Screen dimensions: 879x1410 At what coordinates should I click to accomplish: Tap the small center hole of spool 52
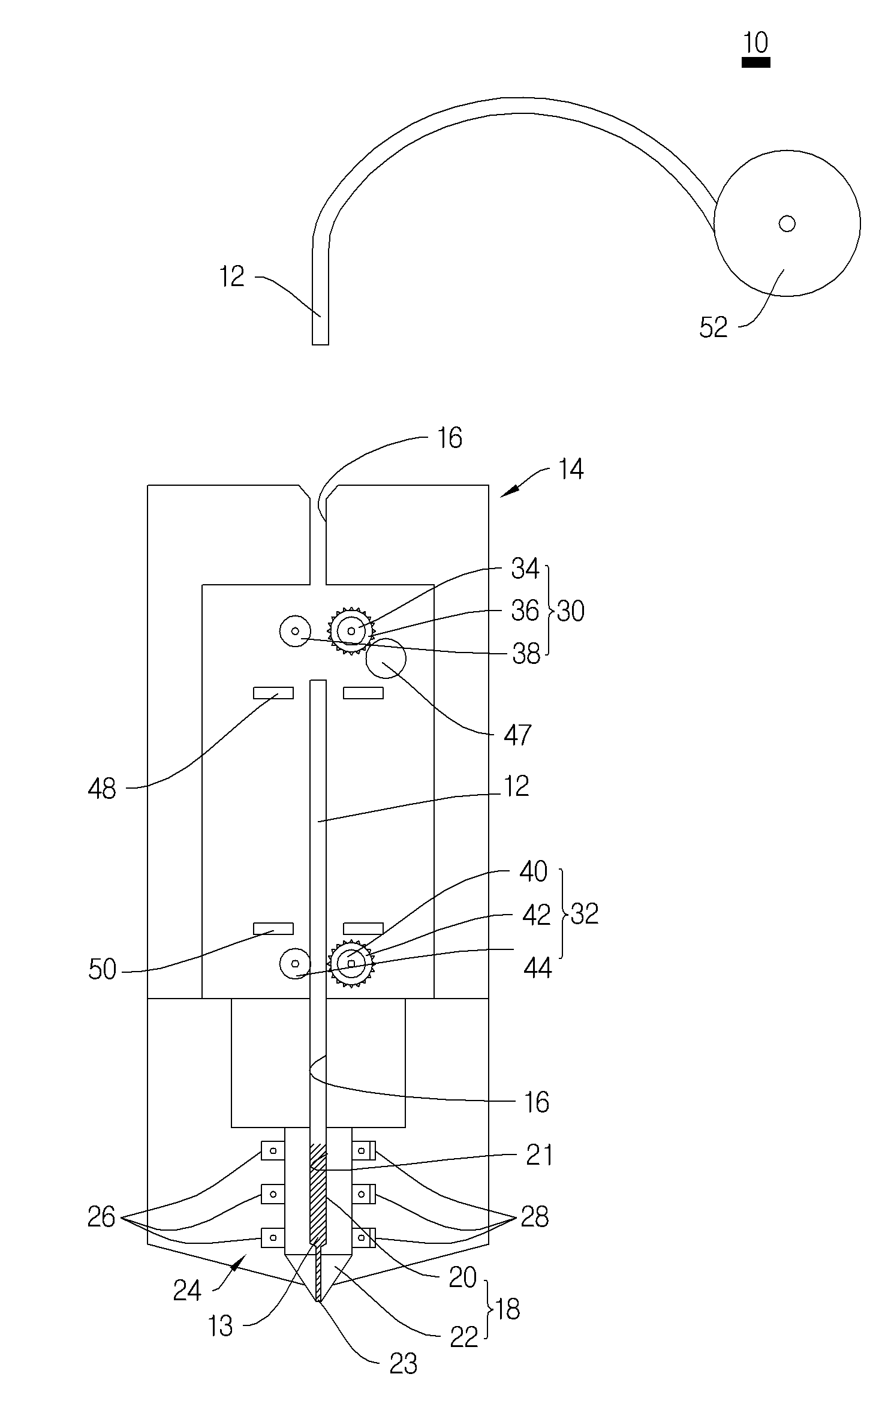click(787, 224)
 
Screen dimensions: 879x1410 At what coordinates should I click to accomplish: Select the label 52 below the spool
click(714, 327)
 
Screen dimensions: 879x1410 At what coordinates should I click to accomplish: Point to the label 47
click(517, 735)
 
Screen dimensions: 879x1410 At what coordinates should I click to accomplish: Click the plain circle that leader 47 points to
click(386, 658)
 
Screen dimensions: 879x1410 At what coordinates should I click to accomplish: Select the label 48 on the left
click(102, 789)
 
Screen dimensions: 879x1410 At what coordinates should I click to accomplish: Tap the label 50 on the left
click(102, 969)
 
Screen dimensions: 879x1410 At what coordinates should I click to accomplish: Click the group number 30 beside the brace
click(571, 611)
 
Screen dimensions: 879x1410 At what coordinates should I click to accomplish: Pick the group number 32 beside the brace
click(585, 914)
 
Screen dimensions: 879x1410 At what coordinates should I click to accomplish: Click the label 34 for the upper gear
click(525, 569)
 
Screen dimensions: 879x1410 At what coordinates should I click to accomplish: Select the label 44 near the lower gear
click(537, 968)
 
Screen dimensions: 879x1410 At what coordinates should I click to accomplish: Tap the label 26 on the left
click(101, 1217)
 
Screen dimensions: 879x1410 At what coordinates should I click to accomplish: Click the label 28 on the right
click(535, 1217)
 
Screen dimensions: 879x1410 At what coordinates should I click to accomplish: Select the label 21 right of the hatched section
click(539, 1155)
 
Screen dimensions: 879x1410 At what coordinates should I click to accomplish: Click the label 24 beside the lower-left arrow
click(187, 1289)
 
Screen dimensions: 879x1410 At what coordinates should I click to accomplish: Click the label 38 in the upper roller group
click(526, 654)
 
